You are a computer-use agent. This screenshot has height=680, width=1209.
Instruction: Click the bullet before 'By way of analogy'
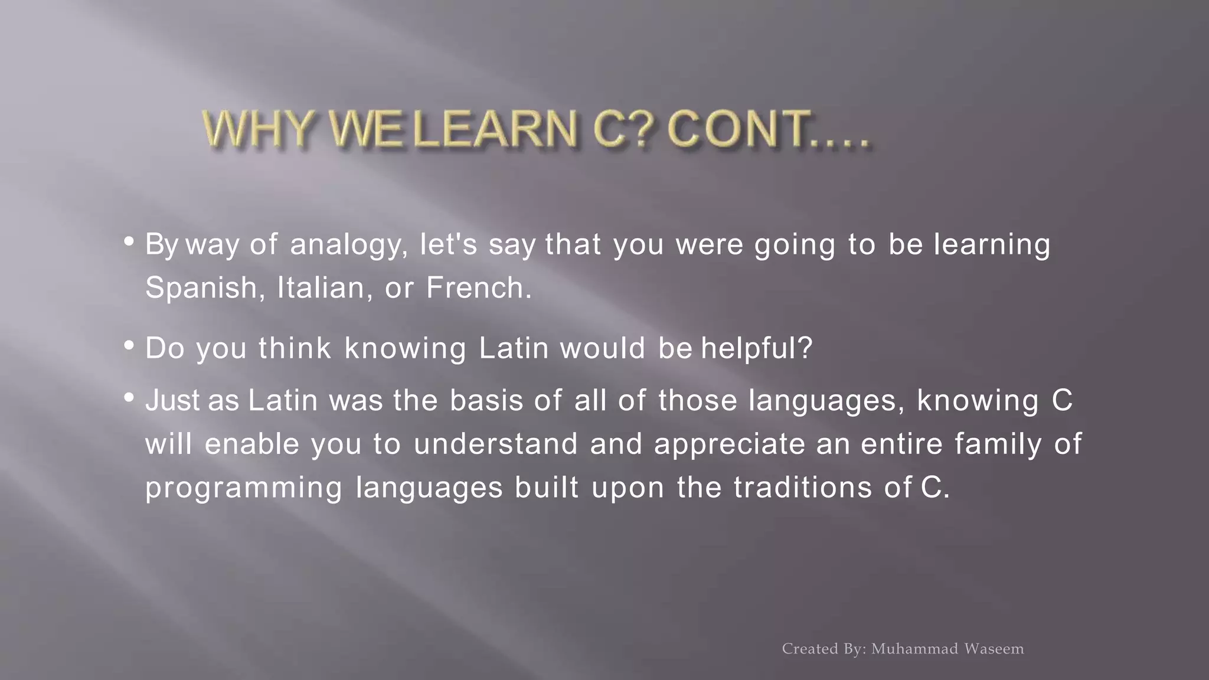click(129, 241)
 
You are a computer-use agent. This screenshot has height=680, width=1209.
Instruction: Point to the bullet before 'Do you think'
click(129, 345)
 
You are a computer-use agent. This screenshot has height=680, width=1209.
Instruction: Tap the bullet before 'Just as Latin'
click(129, 397)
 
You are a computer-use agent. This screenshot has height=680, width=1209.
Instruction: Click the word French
click(479, 289)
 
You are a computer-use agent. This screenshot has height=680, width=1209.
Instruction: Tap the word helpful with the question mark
click(757, 349)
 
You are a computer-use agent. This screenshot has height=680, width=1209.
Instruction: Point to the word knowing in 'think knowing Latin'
click(405, 349)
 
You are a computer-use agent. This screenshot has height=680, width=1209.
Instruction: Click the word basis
click(486, 401)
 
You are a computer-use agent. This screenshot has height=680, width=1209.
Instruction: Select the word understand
click(495, 444)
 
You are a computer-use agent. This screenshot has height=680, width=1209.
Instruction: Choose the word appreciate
click(729, 444)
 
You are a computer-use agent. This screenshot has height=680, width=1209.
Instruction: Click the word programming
click(244, 488)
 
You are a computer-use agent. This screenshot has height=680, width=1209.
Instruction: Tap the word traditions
click(803, 488)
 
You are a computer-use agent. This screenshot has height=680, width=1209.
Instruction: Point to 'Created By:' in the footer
click(824, 649)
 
